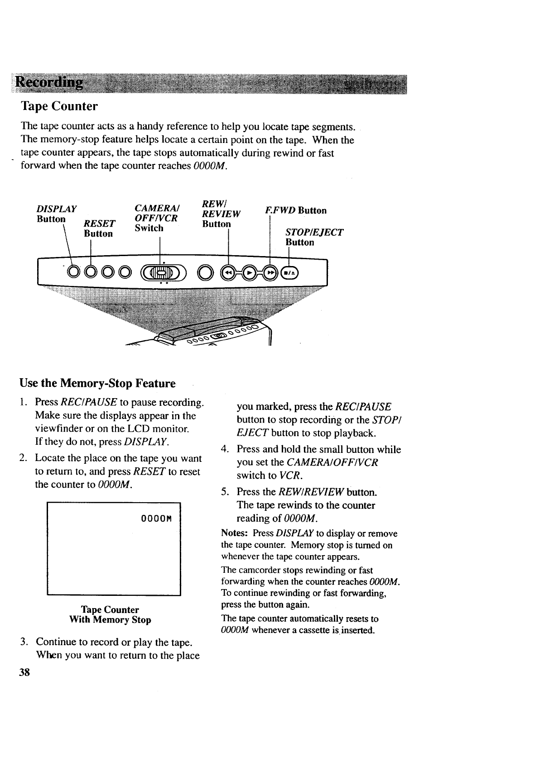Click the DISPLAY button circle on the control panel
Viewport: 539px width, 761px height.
tap(73, 272)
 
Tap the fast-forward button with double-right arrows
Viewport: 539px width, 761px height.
tap(271, 273)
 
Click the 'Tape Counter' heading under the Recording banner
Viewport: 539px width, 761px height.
tap(59, 106)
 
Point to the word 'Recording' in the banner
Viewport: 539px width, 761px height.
tap(50, 83)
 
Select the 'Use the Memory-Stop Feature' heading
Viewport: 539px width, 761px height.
tap(97, 383)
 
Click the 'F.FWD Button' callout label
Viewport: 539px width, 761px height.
tap(296, 210)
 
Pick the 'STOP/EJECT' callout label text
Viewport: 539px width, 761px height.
tap(314, 232)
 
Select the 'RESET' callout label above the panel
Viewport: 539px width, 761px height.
tap(100, 224)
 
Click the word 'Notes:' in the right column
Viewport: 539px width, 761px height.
tap(234, 533)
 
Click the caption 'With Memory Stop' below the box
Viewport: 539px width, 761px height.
tap(110, 620)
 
